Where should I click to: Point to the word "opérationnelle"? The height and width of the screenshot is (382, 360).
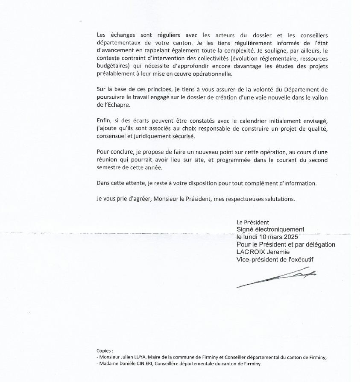(211, 74)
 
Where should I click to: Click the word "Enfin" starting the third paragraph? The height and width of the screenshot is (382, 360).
(103, 120)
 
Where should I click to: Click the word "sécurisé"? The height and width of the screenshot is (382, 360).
(182, 136)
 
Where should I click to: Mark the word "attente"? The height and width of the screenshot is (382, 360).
(127, 183)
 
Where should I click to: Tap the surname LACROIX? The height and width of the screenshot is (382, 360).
(251, 252)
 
